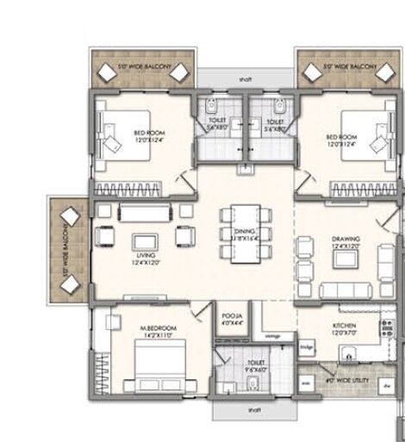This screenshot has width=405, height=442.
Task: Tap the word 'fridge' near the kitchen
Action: (306, 346)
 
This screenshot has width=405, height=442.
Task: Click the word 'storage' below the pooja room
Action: (273, 336)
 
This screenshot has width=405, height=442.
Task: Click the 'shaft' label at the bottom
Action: (254, 410)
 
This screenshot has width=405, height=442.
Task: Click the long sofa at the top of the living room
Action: (145, 212)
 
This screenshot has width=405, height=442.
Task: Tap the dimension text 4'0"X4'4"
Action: (233, 324)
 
